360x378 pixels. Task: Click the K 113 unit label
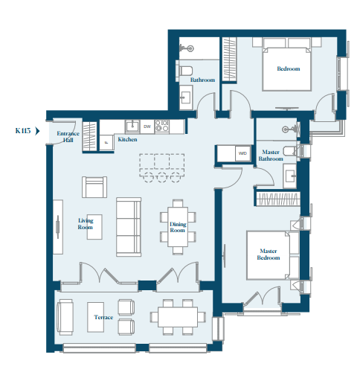[x=23, y=131]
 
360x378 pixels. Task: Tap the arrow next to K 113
[x=37, y=131]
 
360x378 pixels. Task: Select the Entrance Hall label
[x=68, y=137]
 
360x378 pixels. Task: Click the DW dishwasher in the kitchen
[x=147, y=126]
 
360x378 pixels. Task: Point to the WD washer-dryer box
[x=242, y=153]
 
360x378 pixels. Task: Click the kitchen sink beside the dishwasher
[x=132, y=126]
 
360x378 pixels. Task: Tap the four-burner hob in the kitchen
[x=162, y=126]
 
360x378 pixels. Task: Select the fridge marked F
[x=106, y=142]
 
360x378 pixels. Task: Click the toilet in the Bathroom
[x=184, y=71]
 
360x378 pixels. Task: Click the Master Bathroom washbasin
[x=289, y=176]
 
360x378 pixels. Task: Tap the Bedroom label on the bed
[x=289, y=68]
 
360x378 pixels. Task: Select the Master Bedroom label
[x=269, y=254]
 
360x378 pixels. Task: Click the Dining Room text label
[x=178, y=227]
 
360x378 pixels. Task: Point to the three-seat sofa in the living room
[x=129, y=227]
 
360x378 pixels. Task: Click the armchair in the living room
[x=94, y=187]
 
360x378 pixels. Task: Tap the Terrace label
[x=103, y=317]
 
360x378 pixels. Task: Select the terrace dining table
[x=178, y=317]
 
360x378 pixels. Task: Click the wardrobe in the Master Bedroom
[x=278, y=199]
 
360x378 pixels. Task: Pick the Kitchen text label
[x=127, y=139]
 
